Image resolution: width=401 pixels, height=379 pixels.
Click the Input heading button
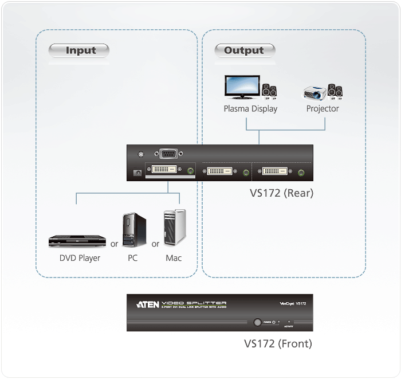[81, 50]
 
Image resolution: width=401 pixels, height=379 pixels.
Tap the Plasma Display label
[250, 108]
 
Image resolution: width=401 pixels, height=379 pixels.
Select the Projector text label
[323, 108]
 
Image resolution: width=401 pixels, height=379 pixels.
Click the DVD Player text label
[80, 258]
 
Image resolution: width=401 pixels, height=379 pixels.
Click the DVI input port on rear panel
[166, 170]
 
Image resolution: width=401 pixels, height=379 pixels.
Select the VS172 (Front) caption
[278, 345]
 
